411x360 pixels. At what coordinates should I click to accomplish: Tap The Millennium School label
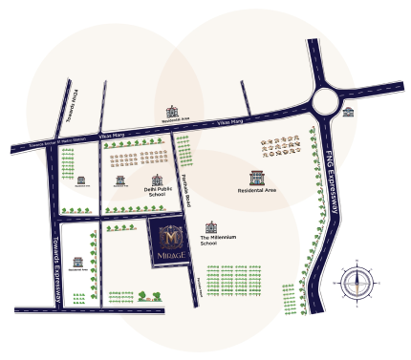(217, 240)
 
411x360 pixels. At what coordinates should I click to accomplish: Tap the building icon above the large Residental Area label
(256, 177)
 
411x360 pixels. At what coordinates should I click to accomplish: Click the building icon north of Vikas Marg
(173, 112)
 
